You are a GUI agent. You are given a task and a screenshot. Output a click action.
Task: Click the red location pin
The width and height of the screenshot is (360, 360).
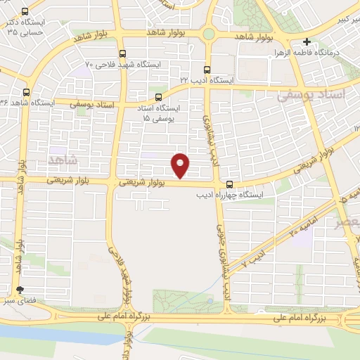181,165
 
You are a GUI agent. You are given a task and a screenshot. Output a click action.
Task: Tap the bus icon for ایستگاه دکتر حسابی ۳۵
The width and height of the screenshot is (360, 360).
26,12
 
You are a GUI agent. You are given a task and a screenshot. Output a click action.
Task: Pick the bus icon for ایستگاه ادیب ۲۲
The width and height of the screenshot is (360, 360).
207,70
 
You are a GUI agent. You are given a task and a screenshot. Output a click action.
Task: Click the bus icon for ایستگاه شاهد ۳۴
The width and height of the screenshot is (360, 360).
27,92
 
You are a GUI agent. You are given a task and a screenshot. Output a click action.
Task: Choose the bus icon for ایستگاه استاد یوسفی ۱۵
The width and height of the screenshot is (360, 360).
158,98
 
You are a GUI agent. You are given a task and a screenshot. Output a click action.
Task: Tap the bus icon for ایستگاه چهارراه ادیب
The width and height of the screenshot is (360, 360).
229,184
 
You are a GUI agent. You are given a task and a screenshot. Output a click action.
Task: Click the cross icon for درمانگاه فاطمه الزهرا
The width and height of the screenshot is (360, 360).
307,42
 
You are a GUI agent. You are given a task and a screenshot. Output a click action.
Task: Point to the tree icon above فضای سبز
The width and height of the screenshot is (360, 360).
20,290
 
